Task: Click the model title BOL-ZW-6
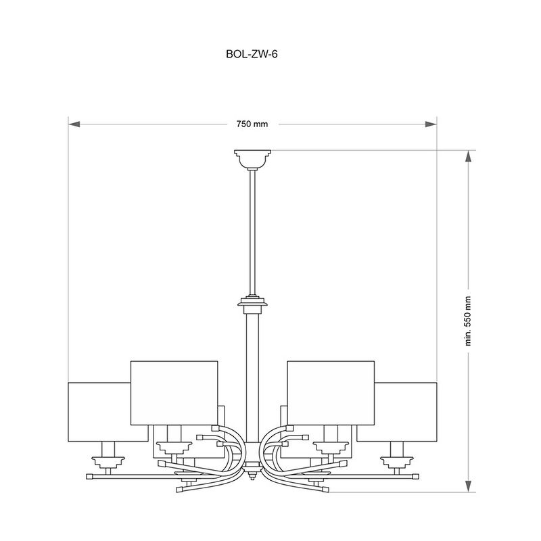(252, 54)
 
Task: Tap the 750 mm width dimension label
(252, 124)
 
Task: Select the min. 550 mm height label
(468, 321)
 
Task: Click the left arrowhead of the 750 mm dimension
(74, 124)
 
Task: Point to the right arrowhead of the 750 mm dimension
(431, 124)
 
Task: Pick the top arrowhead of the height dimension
(468, 156)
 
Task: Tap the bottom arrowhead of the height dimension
(468, 486)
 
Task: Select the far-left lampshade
(99, 412)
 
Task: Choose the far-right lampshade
(406, 412)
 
